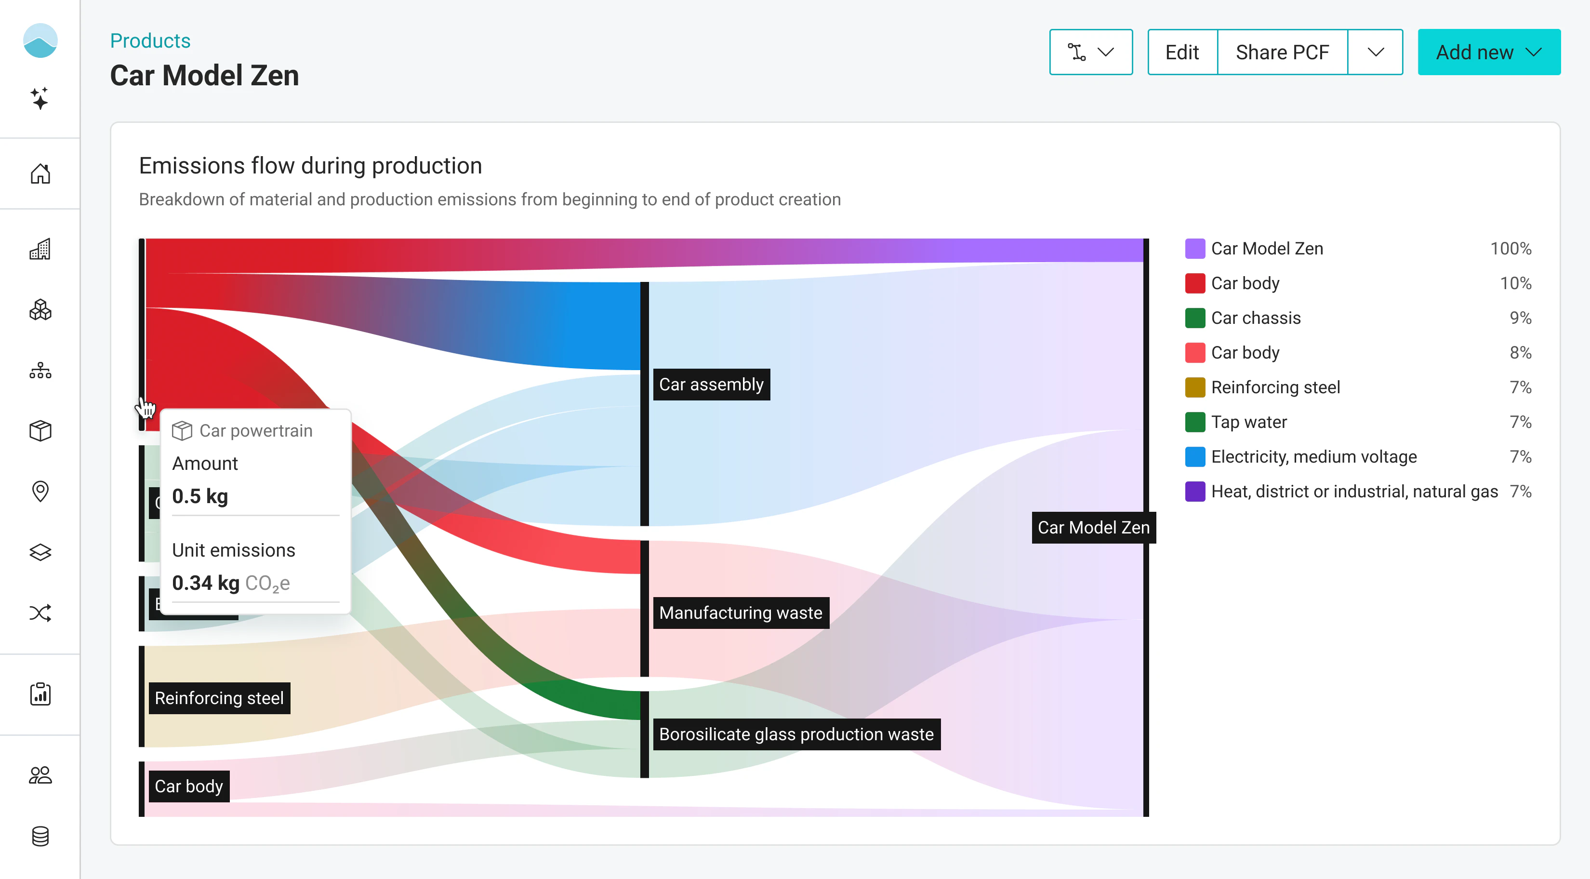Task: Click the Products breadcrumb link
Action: pos(150,41)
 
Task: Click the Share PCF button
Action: pos(1282,53)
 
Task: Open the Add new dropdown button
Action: pos(1488,53)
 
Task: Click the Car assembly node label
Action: pos(711,385)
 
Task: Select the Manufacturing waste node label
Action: pos(741,613)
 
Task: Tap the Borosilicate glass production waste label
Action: pos(796,734)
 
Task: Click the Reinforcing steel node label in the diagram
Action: pos(219,698)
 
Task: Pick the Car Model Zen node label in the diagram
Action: pos(1093,527)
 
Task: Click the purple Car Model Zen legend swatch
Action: pos(1195,249)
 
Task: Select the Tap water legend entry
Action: pos(1249,422)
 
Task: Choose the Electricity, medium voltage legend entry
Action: pos(1313,457)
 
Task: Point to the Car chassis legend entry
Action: pos(1256,318)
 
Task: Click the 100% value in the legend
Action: pos(1510,249)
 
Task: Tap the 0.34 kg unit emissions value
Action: pos(206,583)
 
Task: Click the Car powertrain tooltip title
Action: pos(255,431)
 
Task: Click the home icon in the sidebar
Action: pos(40,174)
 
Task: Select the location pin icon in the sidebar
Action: pos(40,492)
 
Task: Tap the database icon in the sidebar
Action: pos(40,837)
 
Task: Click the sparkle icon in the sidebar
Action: pos(40,99)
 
